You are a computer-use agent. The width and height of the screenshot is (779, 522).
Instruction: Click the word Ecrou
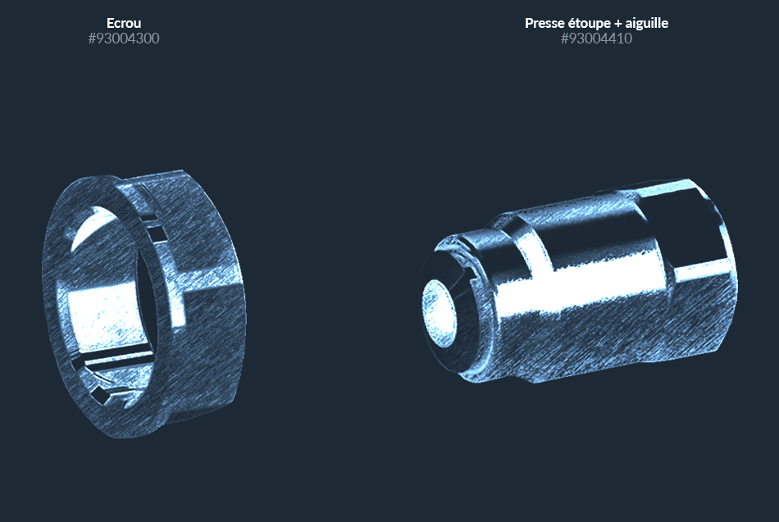point(124,23)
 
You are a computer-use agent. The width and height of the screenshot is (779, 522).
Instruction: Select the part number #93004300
point(124,39)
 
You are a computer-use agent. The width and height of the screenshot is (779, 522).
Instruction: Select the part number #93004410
point(596,39)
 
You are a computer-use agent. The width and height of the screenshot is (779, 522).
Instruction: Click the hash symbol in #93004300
point(92,39)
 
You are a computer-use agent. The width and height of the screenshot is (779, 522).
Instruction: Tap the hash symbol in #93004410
point(564,39)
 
